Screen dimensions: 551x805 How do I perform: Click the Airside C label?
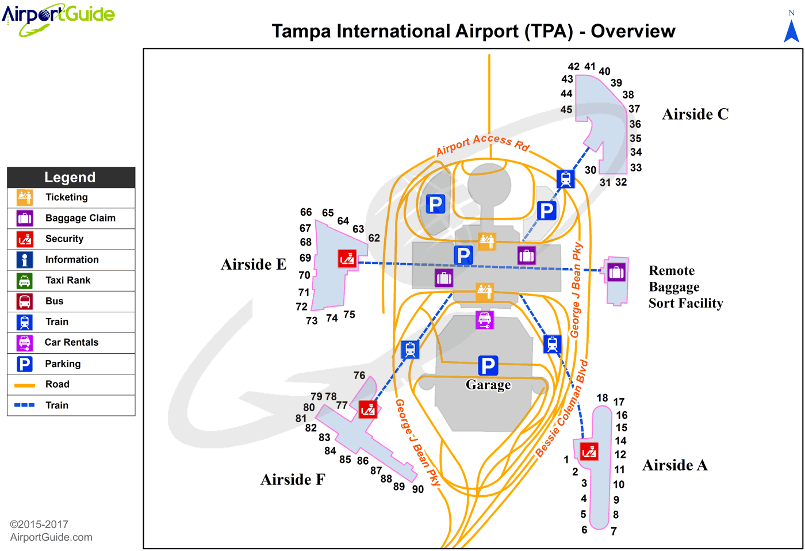pyautogui.click(x=695, y=114)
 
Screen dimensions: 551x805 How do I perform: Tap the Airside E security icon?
pyautogui.click(x=347, y=259)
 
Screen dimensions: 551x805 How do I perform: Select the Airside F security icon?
pyautogui.click(x=368, y=410)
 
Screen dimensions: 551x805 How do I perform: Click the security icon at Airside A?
pyautogui.click(x=589, y=451)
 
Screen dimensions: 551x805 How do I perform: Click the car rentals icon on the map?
pyautogui.click(x=485, y=320)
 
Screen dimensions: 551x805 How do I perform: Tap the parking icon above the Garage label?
pyautogui.click(x=488, y=365)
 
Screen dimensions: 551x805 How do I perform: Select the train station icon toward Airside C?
pyautogui.click(x=566, y=179)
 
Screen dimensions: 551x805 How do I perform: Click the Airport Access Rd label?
pyautogui.click(x=482, y=144)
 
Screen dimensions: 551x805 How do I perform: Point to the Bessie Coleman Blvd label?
pyautogui.click(x=562, y=409)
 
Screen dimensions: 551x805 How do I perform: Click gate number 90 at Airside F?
pyautogui.click(x=418, y=489)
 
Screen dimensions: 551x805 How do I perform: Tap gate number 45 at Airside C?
pyautogui.click(x=566, y=109)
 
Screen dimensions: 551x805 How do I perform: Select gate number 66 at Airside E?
pyautogui.click(x=306, y=212)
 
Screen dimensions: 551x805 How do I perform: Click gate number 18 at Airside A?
pyautogui.click(x=602, y=398)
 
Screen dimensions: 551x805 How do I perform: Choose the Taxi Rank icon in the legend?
pyautogui.click(x=25, y=281)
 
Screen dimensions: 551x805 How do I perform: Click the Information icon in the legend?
pyautogui.click(x=25, y=260)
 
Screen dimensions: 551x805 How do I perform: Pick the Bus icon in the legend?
pyautogui.click(x=25, y=301)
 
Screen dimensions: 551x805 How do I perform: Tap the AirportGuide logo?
pyautogui.click(x=58, y=17)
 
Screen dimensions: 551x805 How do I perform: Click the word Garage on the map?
pyautogui.click(x=488, y=385)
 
